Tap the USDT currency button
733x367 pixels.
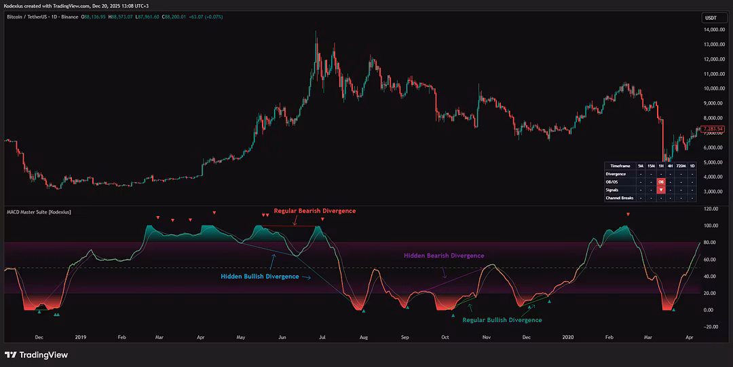711,18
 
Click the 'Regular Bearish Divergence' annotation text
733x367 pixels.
314,211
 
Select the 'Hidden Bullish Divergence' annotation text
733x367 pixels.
259,277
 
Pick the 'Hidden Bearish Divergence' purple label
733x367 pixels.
444,256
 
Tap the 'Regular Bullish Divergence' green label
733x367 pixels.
502,319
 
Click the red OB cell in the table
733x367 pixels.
660,182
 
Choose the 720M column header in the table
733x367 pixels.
681,166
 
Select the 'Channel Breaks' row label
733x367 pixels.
620,198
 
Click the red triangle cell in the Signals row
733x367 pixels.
660,190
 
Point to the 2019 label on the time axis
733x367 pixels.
81,336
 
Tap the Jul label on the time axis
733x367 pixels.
322,336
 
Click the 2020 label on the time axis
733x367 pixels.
568,336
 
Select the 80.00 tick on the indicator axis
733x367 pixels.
710,243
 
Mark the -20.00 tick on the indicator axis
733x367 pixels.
710,327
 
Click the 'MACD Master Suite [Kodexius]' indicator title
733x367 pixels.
39,212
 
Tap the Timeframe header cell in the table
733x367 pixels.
620,166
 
